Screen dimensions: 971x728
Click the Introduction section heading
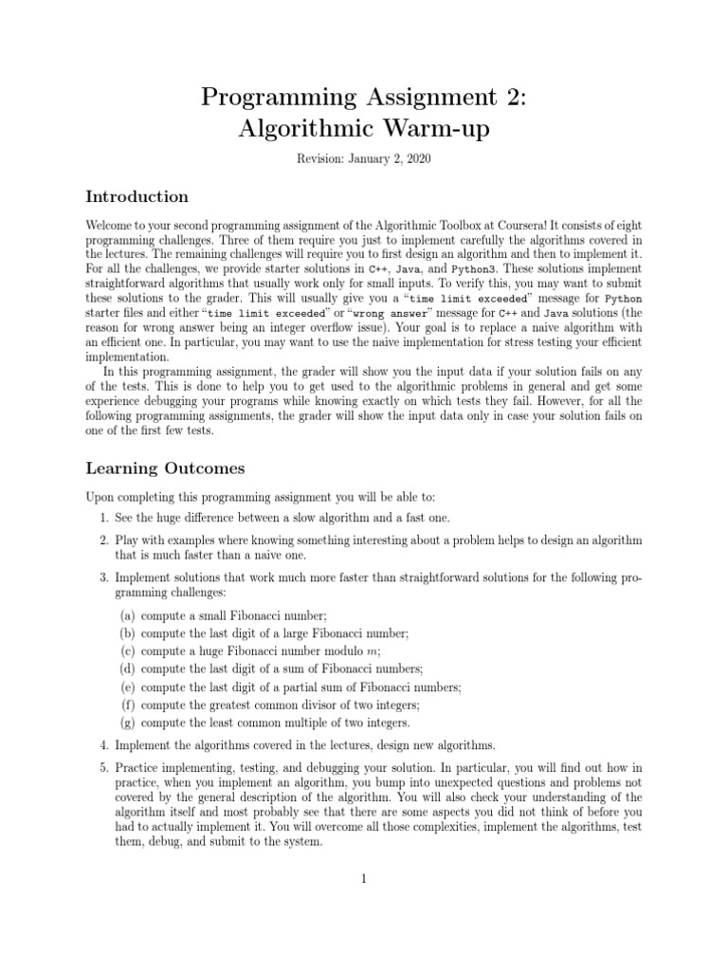point(136,197)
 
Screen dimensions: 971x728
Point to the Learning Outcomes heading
point(165,468)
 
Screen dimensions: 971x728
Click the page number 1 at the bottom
point(364,879)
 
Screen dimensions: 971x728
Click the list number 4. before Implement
point(104,745)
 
